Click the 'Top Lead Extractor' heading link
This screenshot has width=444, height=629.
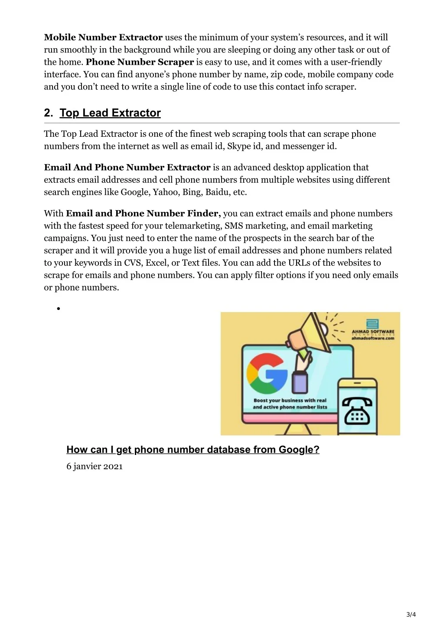pos(110,113)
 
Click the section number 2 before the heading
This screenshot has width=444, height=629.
pos(48,113)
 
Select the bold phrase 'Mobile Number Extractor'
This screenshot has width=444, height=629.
pos(103,37)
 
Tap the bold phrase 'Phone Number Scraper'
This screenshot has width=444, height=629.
pos(140,62)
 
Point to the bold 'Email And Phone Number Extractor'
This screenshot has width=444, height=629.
pos(127,168)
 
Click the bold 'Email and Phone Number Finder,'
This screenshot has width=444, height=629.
pos(143,214)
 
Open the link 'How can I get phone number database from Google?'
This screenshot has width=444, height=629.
pos(193,450)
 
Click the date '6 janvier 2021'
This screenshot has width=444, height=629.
pos(95,467)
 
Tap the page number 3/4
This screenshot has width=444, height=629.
pos(411,614)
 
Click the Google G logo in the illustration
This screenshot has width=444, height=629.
pos(267,373)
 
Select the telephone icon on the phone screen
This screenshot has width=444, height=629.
pos(357,410)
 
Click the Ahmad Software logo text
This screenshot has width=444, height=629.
pos(373,333)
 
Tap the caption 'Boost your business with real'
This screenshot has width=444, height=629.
pos(290,400)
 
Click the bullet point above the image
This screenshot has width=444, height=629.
pos(58,309)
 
